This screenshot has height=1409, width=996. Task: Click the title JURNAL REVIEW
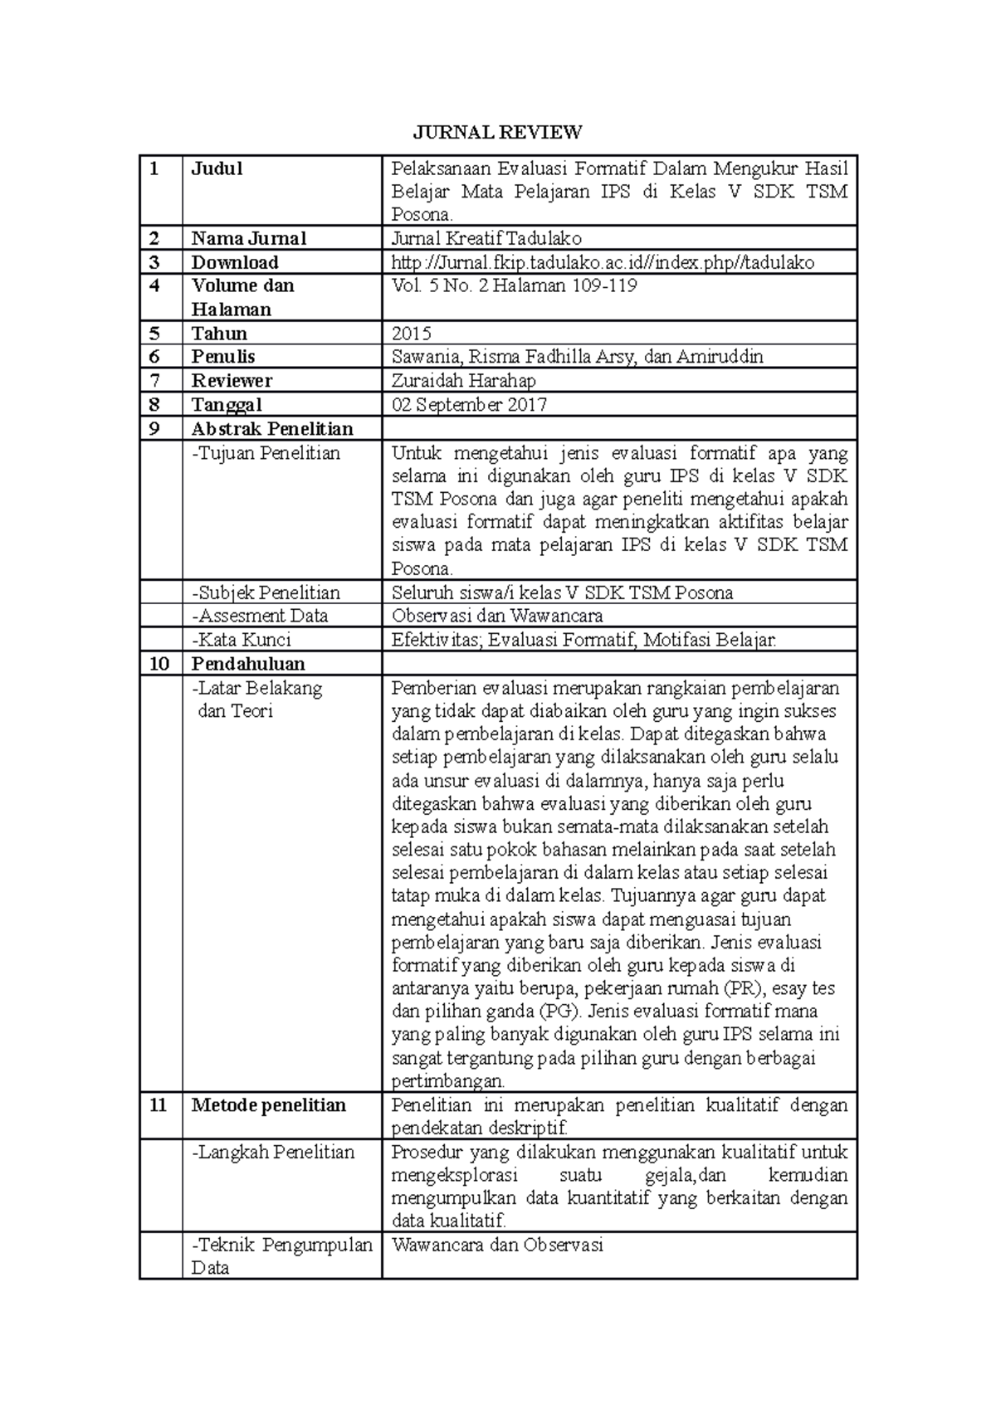(x=498, y=132)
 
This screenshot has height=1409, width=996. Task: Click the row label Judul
(x=217, y=168)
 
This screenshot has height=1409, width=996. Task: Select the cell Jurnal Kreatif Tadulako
(x=486, y=238)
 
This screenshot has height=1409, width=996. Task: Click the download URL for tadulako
(x=603, y=262)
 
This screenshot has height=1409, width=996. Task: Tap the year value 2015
(x=412, y=334)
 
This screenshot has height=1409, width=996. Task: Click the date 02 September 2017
(x=469, y=405)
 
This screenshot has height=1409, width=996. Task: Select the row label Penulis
(x=223, y=357)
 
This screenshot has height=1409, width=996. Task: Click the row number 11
(x=159, y=1105)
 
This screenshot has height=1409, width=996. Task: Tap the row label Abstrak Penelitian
(x=272, y=429)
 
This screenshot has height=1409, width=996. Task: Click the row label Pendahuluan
(x=248, y=664)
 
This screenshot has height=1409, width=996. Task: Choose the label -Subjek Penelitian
(x=266, y=592)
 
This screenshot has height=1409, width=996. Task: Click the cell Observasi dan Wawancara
(x=497, y=616)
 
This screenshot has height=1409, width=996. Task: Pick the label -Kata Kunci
(x=241, y=640)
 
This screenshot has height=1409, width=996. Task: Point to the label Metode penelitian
(x=268, y=1105)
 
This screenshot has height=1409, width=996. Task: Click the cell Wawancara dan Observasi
(x=497, y=1245)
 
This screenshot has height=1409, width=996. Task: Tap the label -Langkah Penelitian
(x=273, y=1152)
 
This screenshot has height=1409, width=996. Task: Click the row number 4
(x=153, y=286)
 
